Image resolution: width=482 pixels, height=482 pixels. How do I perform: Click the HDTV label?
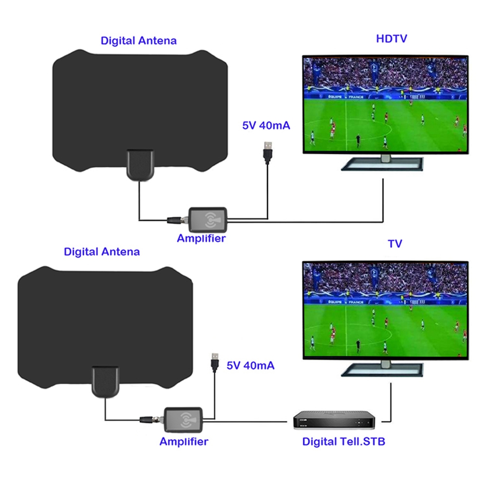click(x=391, y=39)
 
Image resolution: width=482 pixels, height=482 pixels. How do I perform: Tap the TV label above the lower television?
click(x=395, y=244)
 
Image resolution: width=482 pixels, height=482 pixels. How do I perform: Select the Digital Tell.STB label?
click(x=344, y=442)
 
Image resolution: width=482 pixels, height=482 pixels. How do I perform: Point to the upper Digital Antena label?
click(x=138, y=40)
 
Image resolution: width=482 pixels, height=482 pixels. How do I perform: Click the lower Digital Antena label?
click(x=102, y=251)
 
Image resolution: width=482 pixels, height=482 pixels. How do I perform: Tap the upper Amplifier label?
click(x=201, y=238)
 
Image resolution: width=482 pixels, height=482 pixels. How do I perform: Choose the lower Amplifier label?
click(x=184, y=441)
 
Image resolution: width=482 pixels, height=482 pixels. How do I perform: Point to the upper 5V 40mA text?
click(x=266, y=126)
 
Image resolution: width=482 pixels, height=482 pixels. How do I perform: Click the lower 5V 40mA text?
click(x=251, y=365)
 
